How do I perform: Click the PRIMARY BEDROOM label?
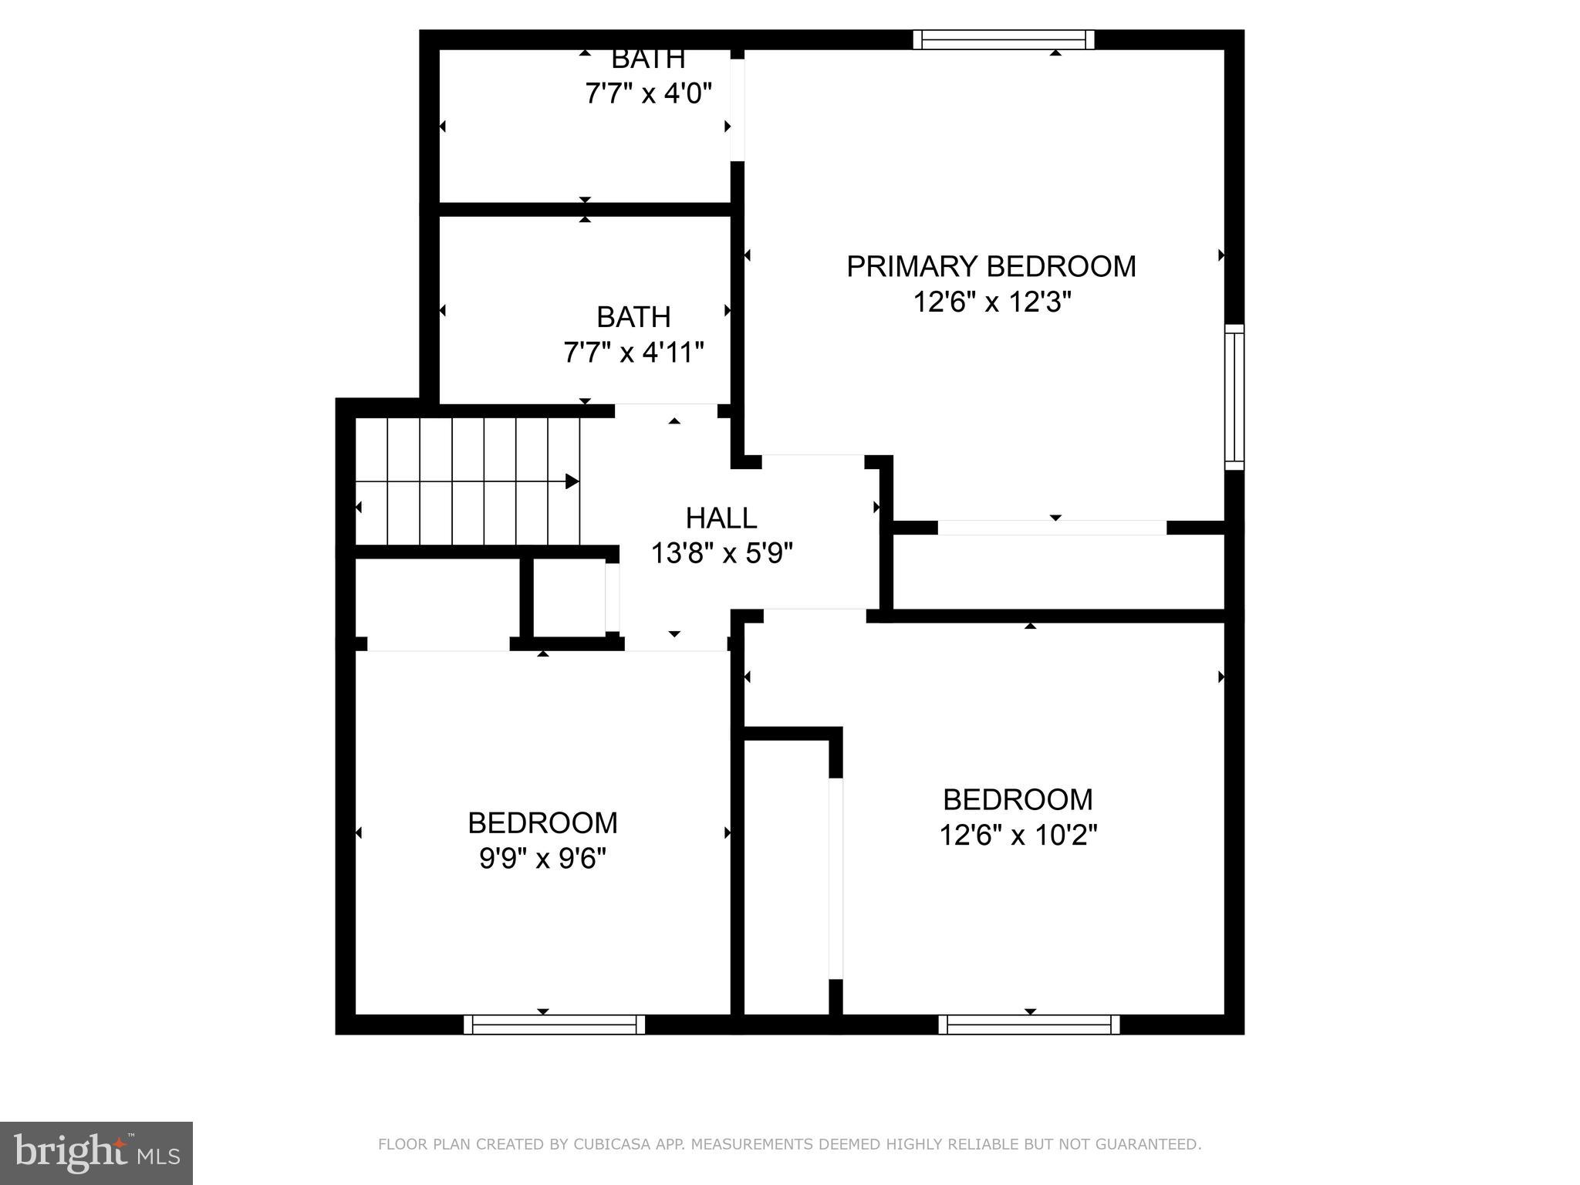point(991,267)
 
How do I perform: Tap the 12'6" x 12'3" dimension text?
point(992,302)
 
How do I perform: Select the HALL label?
point(721,518)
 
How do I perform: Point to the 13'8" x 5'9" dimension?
point(722,553)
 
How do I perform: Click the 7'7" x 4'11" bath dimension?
point(633,353)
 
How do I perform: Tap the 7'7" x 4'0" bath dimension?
point(648,94)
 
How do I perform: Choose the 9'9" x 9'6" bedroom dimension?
point(542,859)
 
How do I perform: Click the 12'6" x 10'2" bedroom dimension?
point(1018,835)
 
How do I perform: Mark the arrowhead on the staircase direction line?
point(572,481)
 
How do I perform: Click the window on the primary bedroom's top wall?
point(1004,39)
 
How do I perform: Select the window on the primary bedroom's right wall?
point(1234,397)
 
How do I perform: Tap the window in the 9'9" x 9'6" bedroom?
point(554,1025)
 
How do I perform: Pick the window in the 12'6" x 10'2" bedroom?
point(1029,1025)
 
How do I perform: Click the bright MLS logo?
point(96,1153)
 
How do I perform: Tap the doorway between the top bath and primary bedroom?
point(738,110)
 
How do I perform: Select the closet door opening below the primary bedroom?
point(1052,528)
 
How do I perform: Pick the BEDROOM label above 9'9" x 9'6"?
point(542,823)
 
